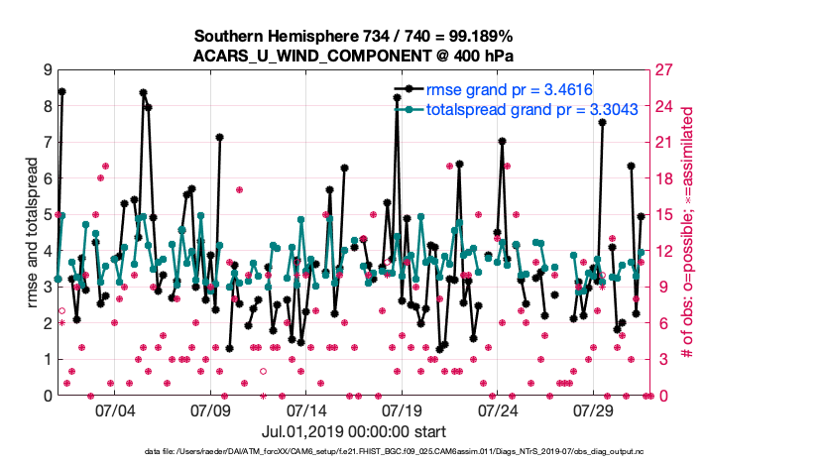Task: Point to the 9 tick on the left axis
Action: pos(47,70)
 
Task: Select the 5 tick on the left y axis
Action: pos(47,215)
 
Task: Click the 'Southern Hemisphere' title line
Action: pos(354,35)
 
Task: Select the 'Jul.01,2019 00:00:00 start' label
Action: pos(354,432)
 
